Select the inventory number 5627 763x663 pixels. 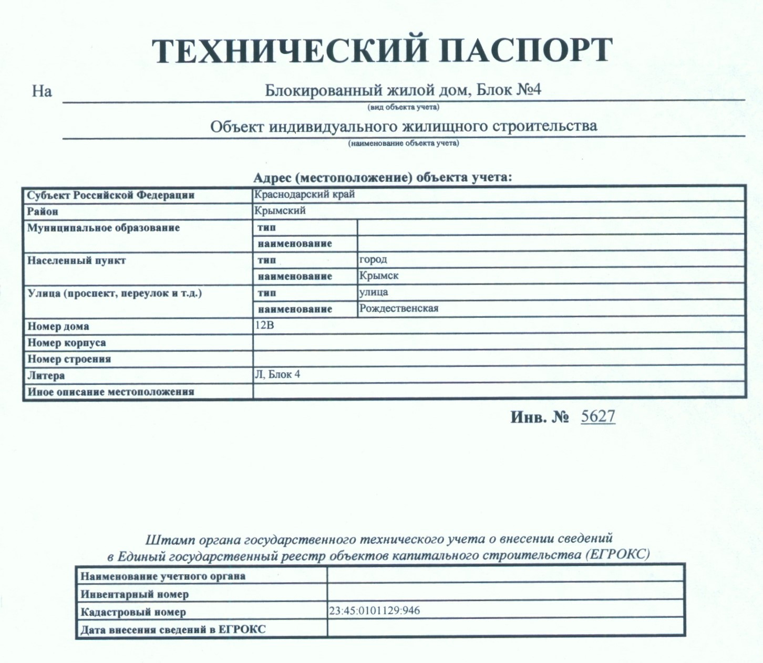coord(598,416)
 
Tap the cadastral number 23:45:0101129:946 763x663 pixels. coord(375,611)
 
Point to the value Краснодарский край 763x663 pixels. coord(305,194)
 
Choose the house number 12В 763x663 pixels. coord(264,325)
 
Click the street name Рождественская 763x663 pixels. coord(399,308)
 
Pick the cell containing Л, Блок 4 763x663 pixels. coord(277,374)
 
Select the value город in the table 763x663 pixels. coord(373,259)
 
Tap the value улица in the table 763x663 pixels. coord(374,292)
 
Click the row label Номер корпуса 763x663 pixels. coord(67,343)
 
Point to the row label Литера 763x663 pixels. coord(46,375)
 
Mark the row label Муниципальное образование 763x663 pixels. coord(104,228)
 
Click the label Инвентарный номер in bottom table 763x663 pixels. coord(135,594)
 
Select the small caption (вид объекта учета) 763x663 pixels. coord(404,107)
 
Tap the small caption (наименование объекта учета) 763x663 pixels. coord(404,143)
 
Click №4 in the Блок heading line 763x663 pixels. coord(529,90)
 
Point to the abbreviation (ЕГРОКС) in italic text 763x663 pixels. coord(617,555)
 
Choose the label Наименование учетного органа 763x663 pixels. coord(163,576)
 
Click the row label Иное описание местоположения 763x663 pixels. coord(111,392)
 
